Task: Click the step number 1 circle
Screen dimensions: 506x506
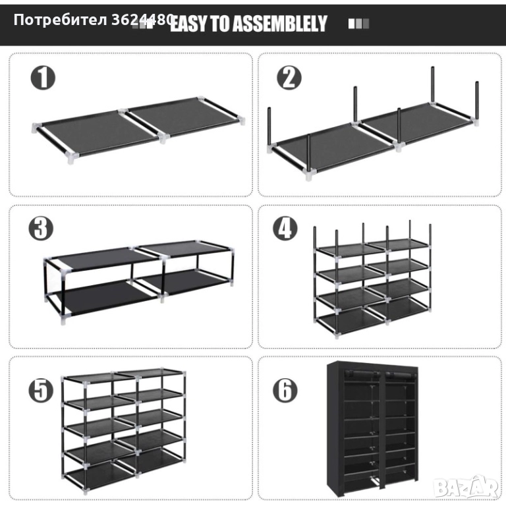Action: coord(43,78)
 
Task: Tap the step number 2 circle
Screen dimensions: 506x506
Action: coord(289,78)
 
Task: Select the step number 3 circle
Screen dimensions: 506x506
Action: coord(41,228)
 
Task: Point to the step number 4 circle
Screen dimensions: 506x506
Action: coord(285,228)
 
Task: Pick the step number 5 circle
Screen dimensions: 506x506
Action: coord(41,390)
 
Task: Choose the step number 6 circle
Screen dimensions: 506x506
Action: coord(285,390)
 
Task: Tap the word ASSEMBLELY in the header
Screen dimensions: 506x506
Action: coord(280,24)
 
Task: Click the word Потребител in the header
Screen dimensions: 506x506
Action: coord(61,20)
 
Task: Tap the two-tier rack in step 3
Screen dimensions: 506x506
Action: coord(139,281)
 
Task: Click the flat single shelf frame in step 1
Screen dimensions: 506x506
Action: coord(138,130)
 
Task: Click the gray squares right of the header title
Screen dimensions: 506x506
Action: coord(358,24)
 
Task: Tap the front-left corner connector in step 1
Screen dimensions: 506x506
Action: coord(72,158)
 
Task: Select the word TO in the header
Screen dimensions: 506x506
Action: coord(220,24)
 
